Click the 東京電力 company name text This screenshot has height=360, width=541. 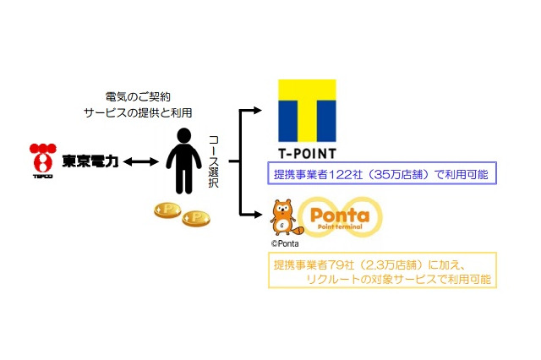[89, 161]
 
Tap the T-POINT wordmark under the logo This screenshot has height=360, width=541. [307, 154]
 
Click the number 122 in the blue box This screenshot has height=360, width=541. [350, 176]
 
